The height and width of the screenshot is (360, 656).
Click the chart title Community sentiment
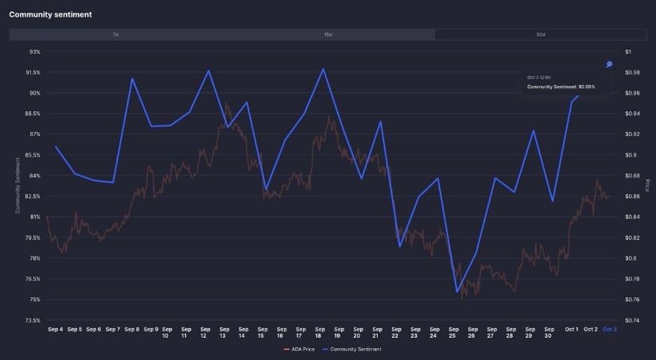[50, 14]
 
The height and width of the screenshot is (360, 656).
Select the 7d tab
[116, 35]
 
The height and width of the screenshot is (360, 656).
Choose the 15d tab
[328, 35]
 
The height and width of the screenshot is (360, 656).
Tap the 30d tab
[541, 35]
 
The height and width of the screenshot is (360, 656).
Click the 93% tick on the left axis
[34, 52]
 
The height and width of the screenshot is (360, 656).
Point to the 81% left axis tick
[34, 217]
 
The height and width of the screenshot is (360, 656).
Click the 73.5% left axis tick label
[33, 320]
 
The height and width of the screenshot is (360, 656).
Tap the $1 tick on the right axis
[628, 52]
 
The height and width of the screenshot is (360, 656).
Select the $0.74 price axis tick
[632, 320]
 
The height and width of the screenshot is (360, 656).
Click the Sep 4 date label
[56, 329]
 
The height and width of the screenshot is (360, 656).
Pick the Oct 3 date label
[609, 329]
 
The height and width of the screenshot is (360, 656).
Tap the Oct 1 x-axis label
[572, 329]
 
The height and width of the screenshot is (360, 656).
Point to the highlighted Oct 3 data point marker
[609, 64]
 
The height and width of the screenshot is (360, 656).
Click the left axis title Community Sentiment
[17, 185]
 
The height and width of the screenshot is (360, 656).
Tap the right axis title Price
[646, 185]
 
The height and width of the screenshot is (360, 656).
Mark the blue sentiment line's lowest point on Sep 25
[457, 292]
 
